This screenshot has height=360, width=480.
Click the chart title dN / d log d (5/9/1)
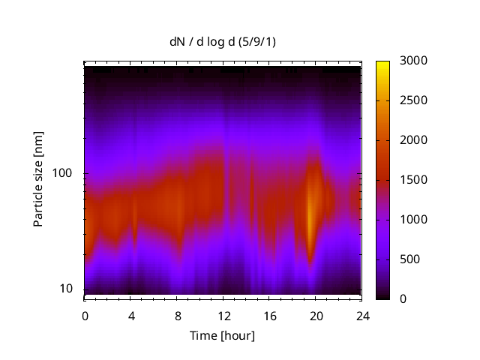(x=222, y=42)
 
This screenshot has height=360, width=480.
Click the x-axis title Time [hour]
(x=222, y=335)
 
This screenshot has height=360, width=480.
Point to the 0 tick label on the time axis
(x=85, y=316)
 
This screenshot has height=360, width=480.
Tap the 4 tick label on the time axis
(x=130, y=316)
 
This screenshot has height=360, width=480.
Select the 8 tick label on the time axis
(x=177, y=316)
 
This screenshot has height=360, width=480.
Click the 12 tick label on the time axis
(x=223, y=316)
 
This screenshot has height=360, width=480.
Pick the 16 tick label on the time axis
(x=269, y=316)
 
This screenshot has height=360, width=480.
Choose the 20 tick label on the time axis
(x=316, y=316)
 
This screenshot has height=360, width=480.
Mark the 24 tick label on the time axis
(x=362, y=316)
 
